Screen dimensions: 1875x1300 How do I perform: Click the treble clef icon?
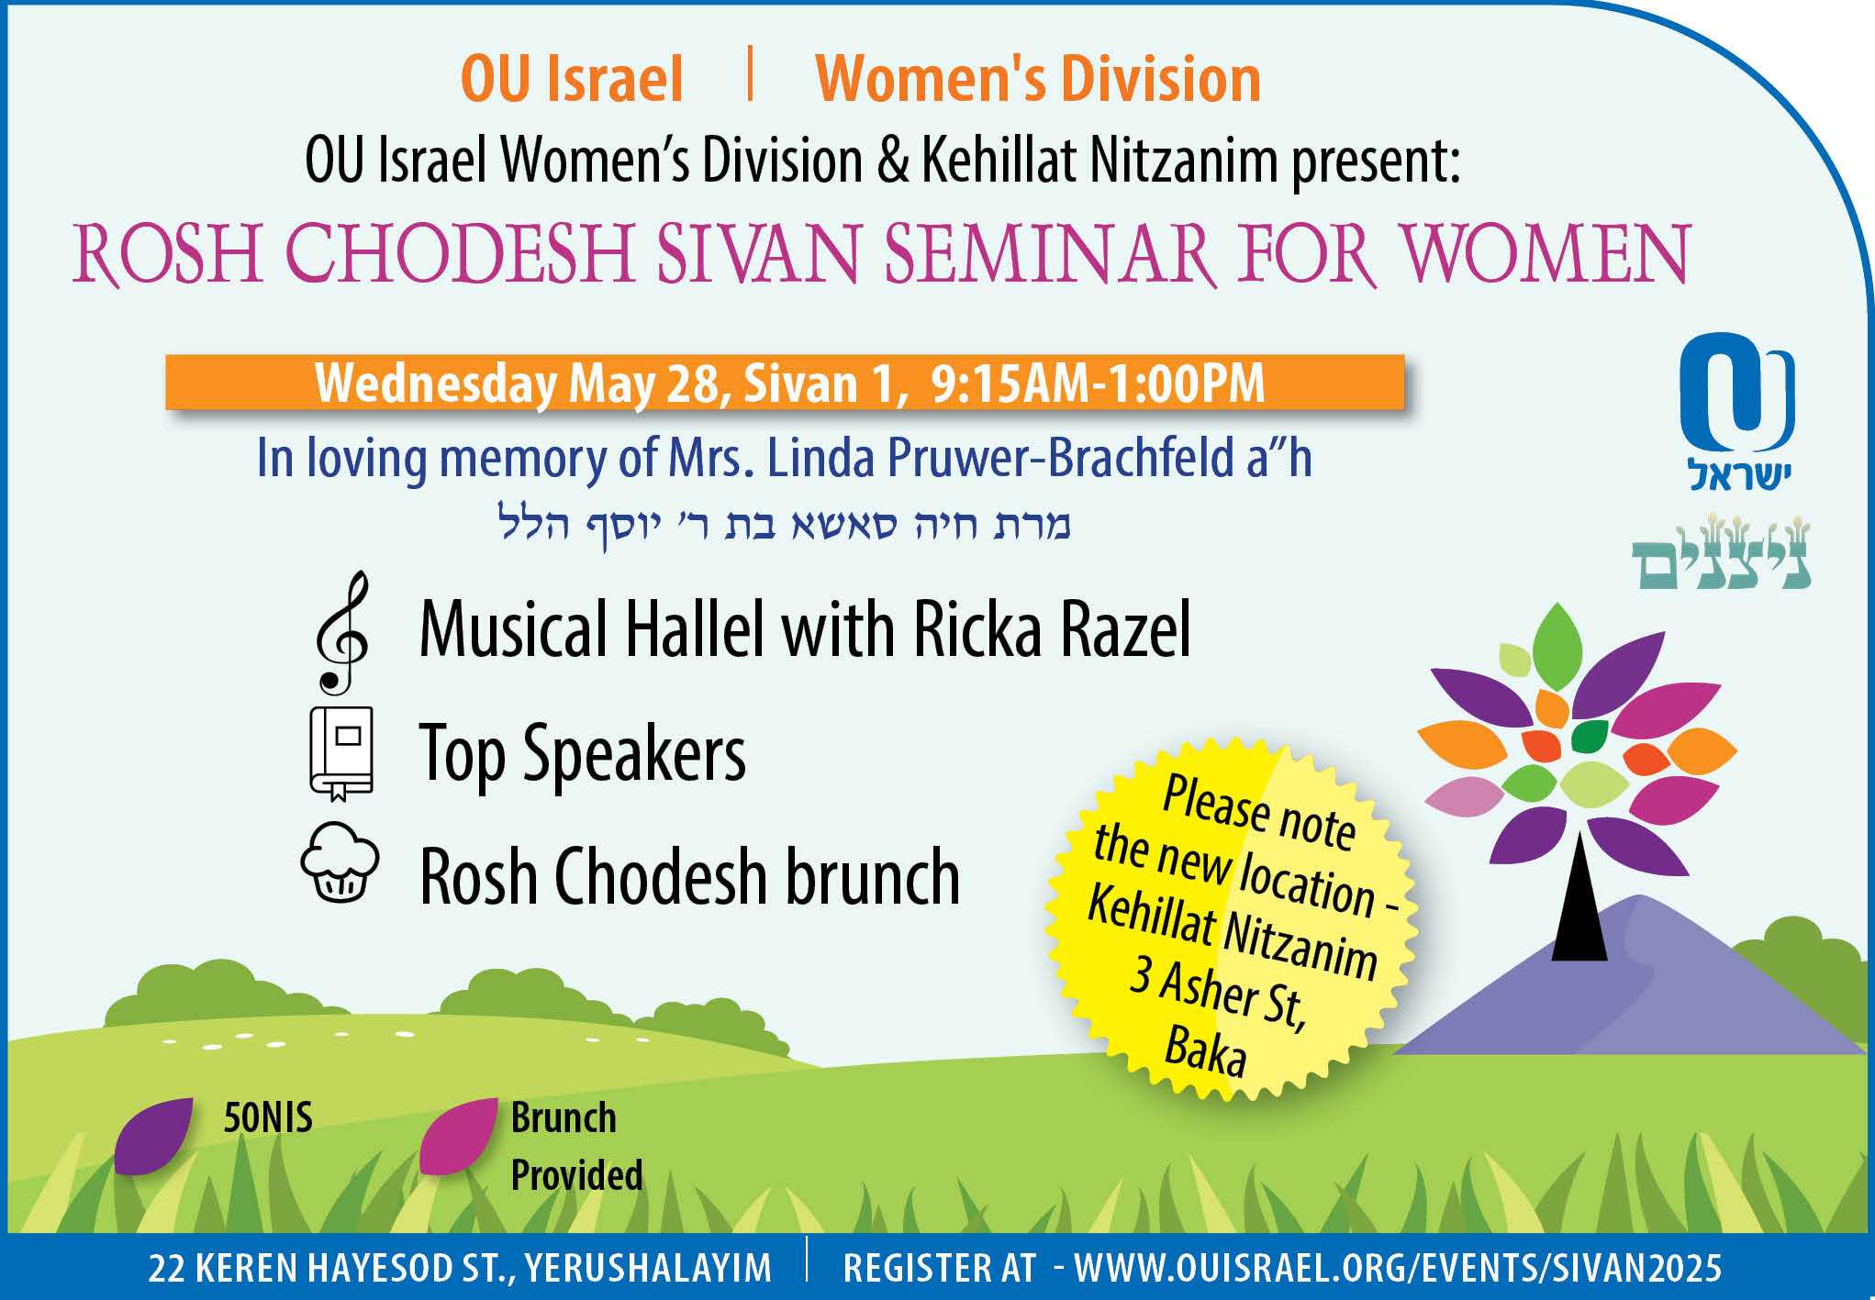pyautogui.click(x=341, y=633)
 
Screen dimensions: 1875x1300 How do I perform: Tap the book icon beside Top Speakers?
pyautogui.click(x=341, y=753)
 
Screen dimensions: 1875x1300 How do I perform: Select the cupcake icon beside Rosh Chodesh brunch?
pyautogui.click(x=340, y=862)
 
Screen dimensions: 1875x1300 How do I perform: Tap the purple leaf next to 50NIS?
pyautogui.click(x=153, y=1136)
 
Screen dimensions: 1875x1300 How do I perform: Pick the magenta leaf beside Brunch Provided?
pyautogui.click(x=458, y=1136)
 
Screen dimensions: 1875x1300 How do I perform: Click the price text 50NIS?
pyautogui.click(x=268, y=1117)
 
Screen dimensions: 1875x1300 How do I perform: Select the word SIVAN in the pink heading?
pyautogui.click(x=757, y=253)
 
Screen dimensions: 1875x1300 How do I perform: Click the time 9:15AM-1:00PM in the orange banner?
pyautogui.click(x=1098, y=383)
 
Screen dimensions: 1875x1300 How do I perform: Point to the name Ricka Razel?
pyautogui.click(x=1052, y=629)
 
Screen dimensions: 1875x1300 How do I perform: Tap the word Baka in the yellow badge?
pyautogui.click(x=1205, y=1050)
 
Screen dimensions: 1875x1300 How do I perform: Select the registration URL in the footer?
pyautogui.click(x=1398, y=1268)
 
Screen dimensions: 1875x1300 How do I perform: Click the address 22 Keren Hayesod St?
pyautogui.click(x=460, y=1268)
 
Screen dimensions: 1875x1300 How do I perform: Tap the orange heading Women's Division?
pyautogui.click(x=1038, y=79)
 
